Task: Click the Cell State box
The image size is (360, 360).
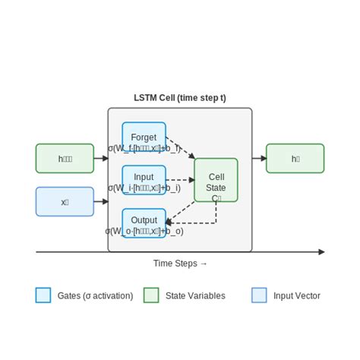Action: click(216, 180)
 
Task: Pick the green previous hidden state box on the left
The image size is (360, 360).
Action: click(65, 159)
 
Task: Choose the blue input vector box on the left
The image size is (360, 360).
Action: click(65, 202)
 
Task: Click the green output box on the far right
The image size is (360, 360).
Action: click(295, 159)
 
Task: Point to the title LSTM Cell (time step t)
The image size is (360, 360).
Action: click(180, 98)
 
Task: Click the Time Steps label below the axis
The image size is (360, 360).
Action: click(180, 264)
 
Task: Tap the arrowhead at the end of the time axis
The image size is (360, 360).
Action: click(321, 251)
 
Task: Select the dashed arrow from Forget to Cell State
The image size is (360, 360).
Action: click(180, 148)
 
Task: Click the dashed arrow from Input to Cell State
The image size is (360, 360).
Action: click(180, 180)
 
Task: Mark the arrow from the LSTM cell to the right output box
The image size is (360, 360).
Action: click(259, 159)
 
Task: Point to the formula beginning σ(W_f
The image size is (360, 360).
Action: click(144, 148)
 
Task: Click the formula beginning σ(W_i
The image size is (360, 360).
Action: click(144, 188)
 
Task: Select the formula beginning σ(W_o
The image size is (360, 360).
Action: click(144, 231)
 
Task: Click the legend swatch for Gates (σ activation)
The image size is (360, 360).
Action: click(43, 295)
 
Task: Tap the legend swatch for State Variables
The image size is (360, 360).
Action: click(151, 295)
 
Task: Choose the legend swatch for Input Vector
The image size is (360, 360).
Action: click(259, 295)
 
